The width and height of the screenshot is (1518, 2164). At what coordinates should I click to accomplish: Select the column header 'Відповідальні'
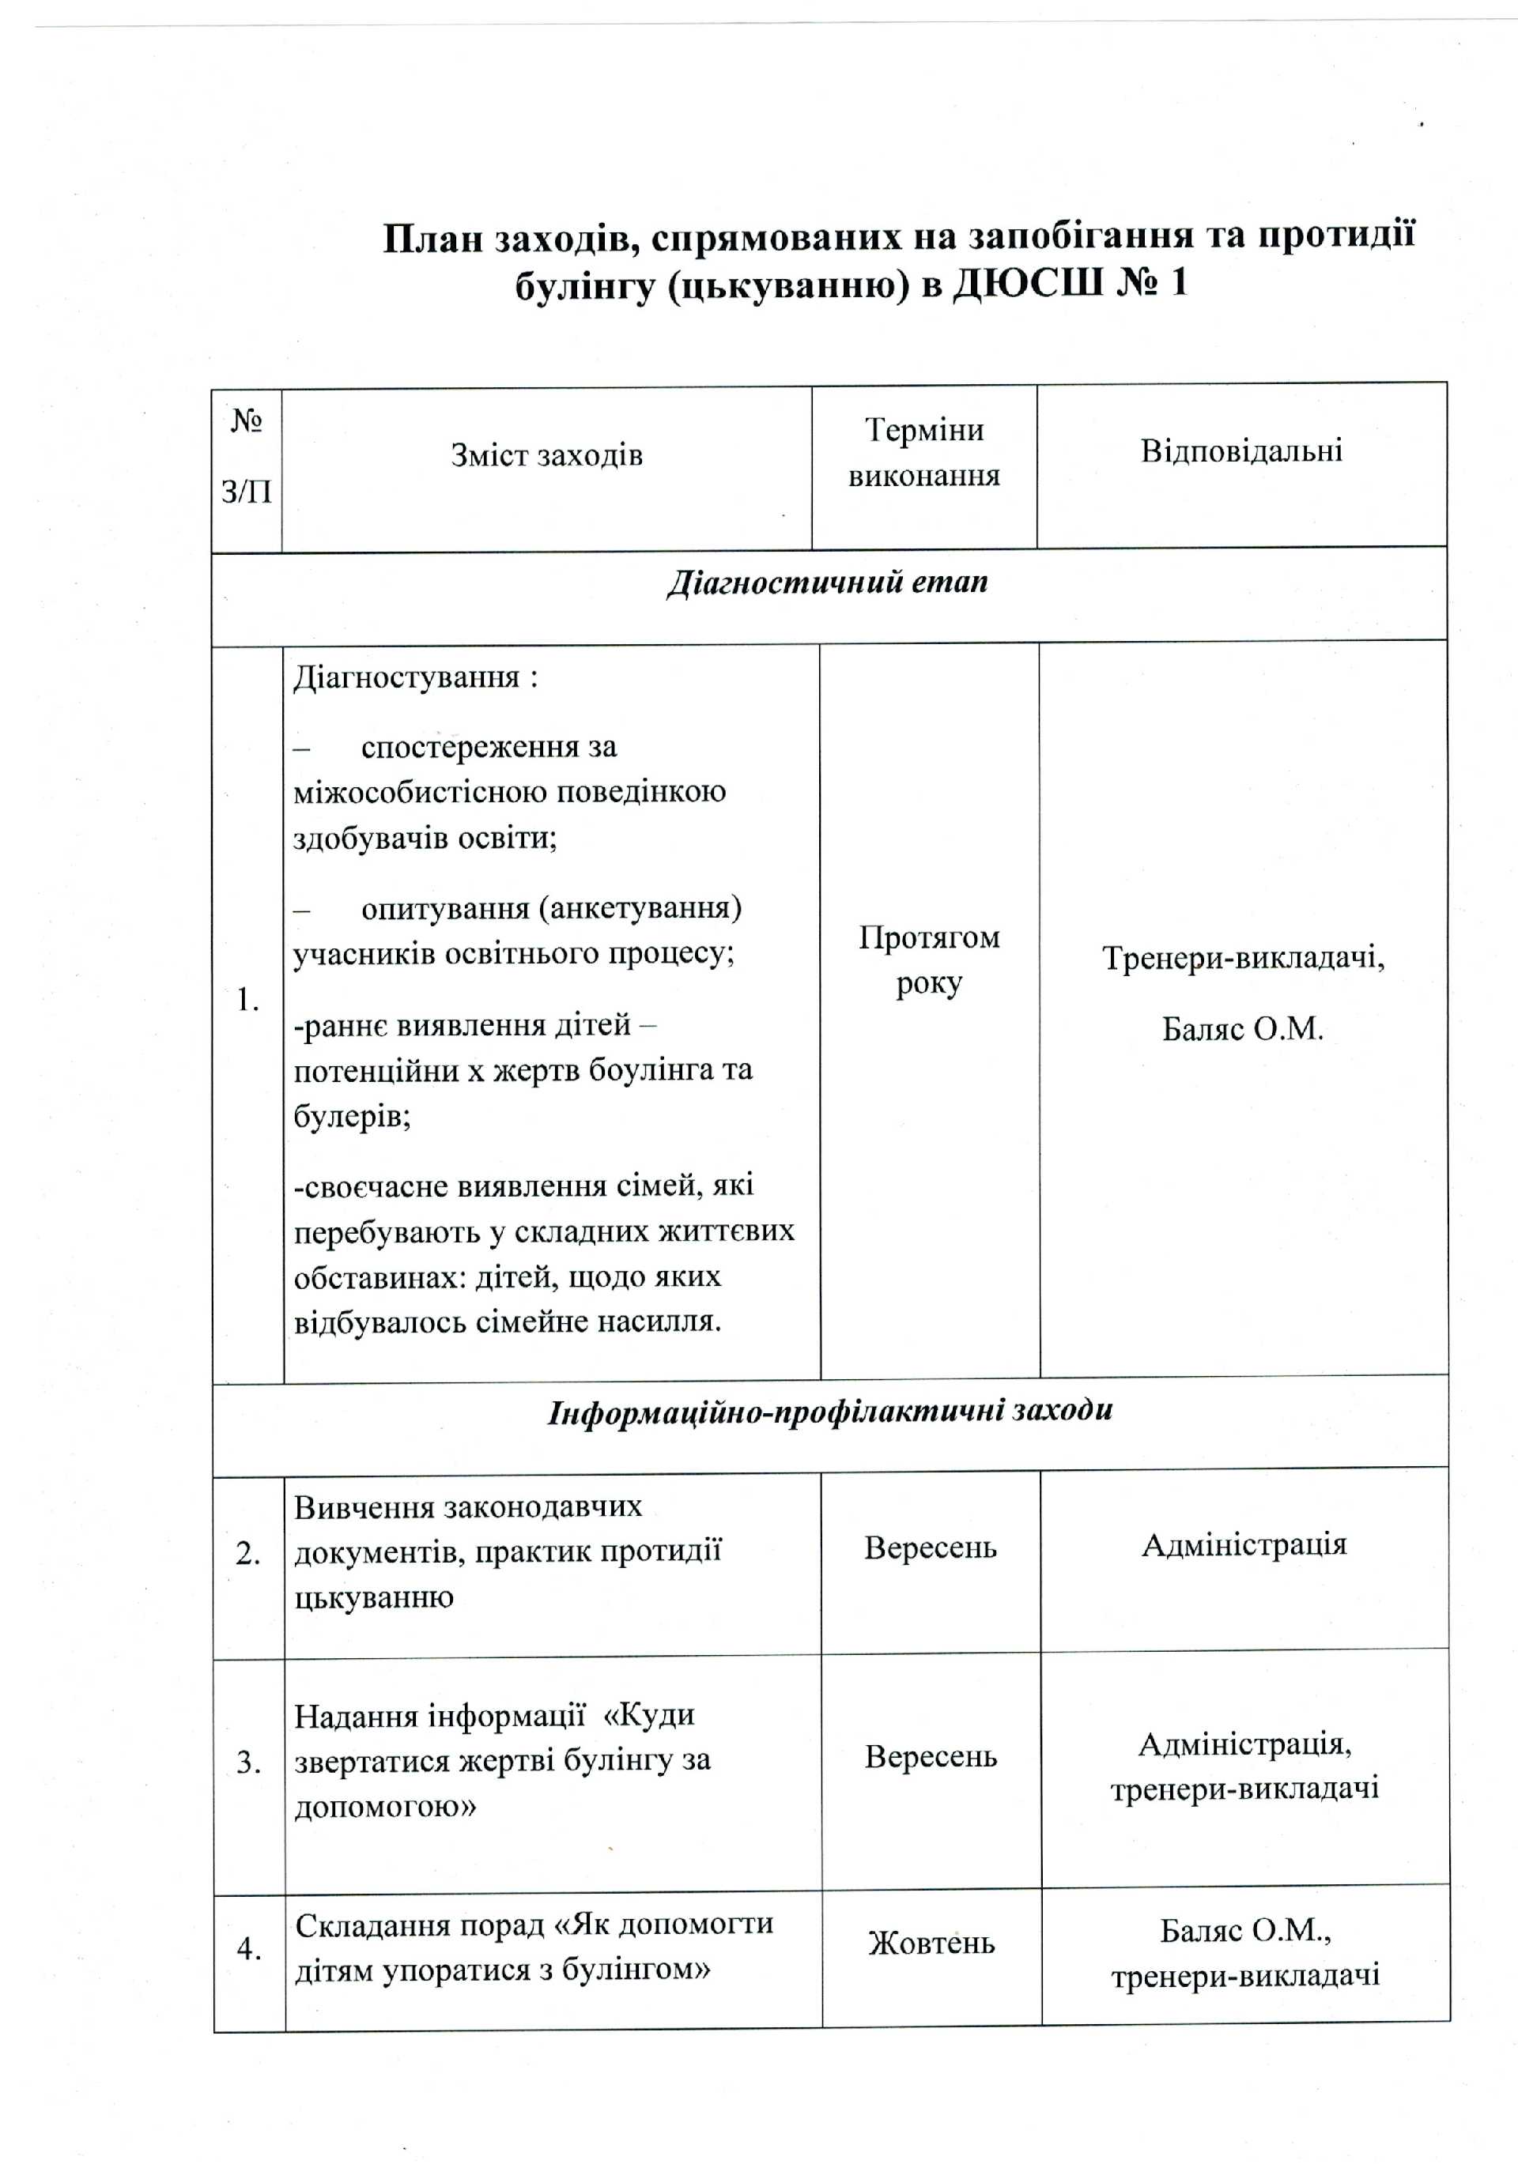click(x=1240, y=451)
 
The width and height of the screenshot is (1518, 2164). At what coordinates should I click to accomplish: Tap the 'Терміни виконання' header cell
click(x=923, y=452)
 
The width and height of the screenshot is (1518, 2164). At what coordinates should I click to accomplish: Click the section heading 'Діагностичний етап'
click(x=827, y=582)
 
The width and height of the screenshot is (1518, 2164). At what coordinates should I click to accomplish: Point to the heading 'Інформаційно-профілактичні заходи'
click(x=829, y=1410)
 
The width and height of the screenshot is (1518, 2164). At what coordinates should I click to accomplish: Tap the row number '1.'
click(x=247, y=1000)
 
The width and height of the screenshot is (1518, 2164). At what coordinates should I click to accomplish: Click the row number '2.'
click(x=248, y=1552)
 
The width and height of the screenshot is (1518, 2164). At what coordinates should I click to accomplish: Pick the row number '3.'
click(x=249, y=1762)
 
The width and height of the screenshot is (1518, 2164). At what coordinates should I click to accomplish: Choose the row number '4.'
click(x=249, y=1947)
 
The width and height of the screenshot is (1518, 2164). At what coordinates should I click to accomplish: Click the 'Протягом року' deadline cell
click(x=929, y=960)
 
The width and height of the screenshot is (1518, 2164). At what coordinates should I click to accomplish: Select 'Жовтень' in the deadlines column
click(x=931, y=1943)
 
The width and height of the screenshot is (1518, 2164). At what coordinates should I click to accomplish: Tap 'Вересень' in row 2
click(x=930, y=1548)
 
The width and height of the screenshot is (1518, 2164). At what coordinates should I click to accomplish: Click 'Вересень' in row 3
click(x=931, y=1757)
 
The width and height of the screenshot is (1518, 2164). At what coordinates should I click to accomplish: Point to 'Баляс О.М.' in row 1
click(x=1242, y=1029)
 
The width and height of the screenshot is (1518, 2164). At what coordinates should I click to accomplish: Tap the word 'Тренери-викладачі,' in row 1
click(x=1243, y=959)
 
